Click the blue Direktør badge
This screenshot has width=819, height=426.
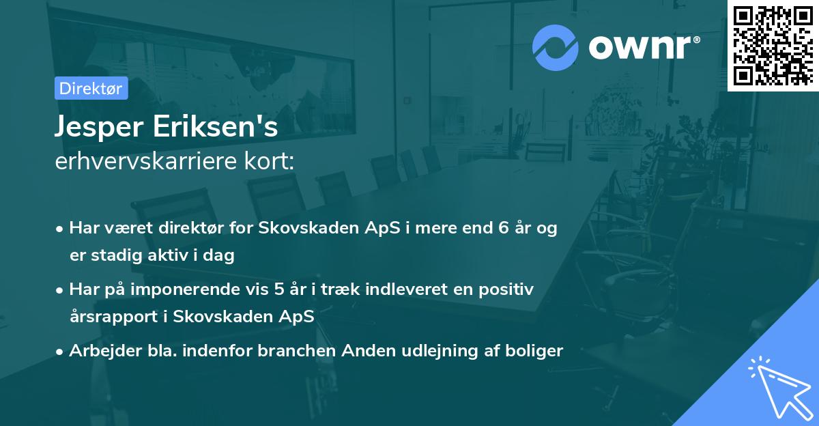[x=91, y=88]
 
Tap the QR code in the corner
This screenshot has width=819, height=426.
[x=773, y=45]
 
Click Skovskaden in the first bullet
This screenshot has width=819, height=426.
[x=301, y=229]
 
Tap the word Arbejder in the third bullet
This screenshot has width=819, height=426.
[x=98, y=351]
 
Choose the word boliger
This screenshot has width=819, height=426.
[x=537, y=351]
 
